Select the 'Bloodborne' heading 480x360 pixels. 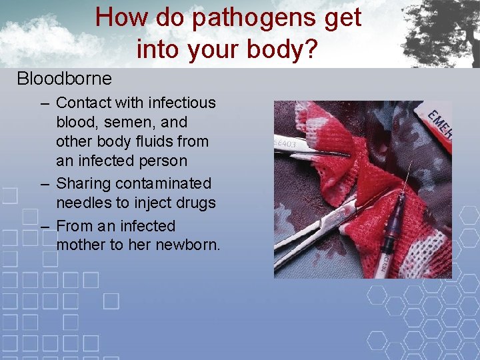click(64, 79)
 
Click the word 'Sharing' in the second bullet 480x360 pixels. click(83, 183)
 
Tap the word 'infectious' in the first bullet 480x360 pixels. click(182, 103)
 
